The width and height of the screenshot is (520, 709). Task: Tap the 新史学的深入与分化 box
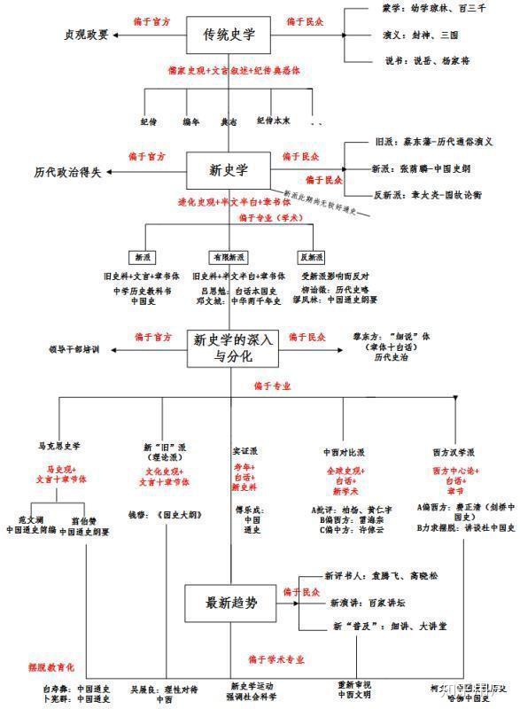pyautogui.click(x=234, y=347)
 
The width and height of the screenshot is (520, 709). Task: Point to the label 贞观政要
pyautogui.click(x=87, y=35)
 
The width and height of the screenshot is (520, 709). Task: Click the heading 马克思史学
pyautogui.click(x=65, y=447)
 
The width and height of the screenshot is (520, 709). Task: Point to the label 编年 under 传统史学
pyautogui.click(x=190, y=120)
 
